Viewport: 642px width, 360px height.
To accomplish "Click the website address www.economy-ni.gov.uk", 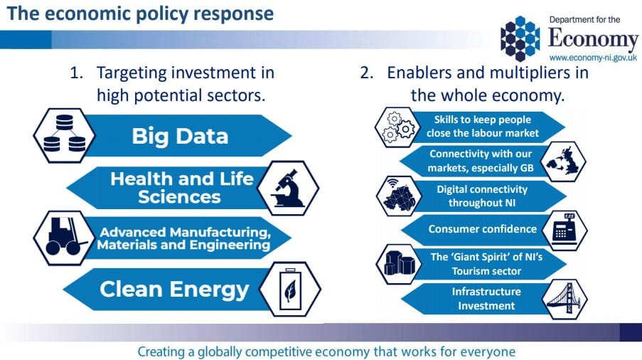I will [593, 56].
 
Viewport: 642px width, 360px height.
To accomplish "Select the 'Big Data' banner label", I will [180, 136].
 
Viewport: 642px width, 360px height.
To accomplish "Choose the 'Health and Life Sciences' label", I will [181, 187].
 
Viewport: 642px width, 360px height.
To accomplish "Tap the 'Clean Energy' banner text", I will [174, 289].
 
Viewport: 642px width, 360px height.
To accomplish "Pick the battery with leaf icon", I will [289, 289].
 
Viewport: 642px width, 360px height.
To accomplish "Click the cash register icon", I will [564, 229].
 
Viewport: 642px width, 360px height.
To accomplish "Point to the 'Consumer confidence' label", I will [481, 229].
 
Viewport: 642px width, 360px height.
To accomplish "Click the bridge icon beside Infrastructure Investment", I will [563, 299].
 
